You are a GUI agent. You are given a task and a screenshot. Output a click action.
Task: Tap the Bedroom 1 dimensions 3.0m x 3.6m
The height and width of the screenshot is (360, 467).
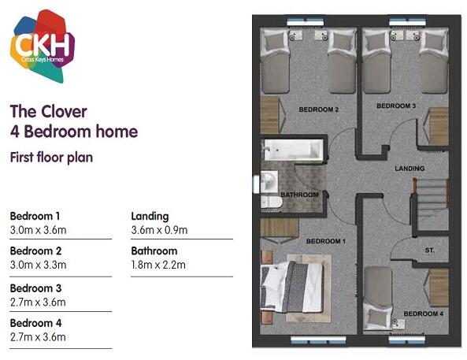(x=37, y=230)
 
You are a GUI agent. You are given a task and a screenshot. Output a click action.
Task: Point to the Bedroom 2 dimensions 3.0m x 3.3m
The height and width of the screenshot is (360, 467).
(x=37, y=265)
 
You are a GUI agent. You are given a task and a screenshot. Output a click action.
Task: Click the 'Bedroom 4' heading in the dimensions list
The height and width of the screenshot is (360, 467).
(x=35, y=323)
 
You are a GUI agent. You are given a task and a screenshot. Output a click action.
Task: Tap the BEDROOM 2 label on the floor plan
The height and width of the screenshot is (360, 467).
(x=319, y=109)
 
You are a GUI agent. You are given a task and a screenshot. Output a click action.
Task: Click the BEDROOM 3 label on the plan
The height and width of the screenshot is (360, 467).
(x=395, y=106)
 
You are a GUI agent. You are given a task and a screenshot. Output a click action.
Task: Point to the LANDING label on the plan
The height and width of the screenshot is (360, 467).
(x=410, y=169)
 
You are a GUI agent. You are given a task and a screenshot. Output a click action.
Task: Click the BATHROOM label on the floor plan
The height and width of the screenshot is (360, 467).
(x=299, y=195)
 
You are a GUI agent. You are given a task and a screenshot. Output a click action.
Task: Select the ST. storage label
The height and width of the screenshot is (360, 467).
(x=430, y=251)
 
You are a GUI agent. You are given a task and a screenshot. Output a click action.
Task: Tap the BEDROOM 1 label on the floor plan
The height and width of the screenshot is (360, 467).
(x=325, y=240)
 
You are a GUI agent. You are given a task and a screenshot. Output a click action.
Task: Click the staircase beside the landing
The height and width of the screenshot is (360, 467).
(x=431, y=201)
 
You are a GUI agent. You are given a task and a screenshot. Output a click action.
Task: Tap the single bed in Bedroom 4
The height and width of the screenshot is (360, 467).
(x=380, y=296)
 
